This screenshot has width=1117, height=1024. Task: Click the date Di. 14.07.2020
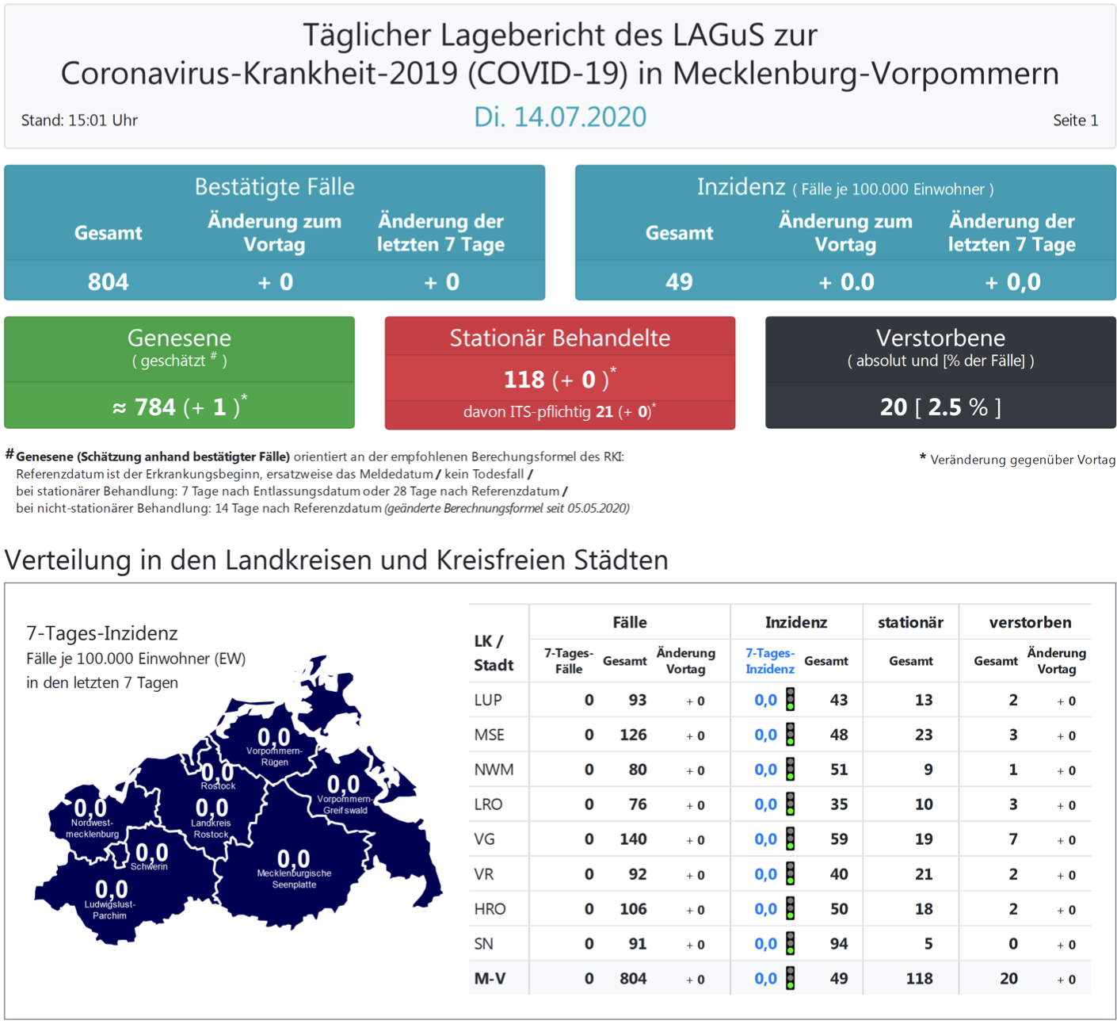click(x=559, y=117)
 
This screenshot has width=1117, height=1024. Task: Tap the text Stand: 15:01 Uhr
click(x=79, y=120)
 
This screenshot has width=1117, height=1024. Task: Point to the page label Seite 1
click(x=1075, y=120)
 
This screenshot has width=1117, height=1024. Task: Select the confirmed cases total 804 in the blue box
click(x=109, y=281)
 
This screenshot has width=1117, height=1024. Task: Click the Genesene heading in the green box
click(x=179, y=338)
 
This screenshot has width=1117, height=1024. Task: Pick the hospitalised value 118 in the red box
click(x=524, y=380)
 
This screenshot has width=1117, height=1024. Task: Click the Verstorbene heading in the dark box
click(x=940, y=338)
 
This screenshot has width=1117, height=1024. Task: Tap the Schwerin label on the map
click(x=149, y=867)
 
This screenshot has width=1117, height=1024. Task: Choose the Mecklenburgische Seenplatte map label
click(x=294, y=879)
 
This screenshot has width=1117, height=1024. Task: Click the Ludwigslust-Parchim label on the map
click(x=110, y=910)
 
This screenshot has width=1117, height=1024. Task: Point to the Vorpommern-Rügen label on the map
click(x=274, y=756)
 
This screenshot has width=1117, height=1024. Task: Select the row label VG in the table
click(x=484, y=839)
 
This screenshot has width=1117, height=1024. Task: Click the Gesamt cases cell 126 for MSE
click(x=633, y=735)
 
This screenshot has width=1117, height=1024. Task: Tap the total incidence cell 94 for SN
click(x=838, y=944)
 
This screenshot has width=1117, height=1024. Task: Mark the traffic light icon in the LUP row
click(x=790, y=699)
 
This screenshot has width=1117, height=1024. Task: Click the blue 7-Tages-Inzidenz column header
click(x=769, y=661)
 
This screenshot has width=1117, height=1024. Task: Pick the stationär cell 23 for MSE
click(x=923, y=735)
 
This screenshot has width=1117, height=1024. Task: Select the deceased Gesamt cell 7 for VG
click(x=1012, y=839)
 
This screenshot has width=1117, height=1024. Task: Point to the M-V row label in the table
click(x=490, y=979)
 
